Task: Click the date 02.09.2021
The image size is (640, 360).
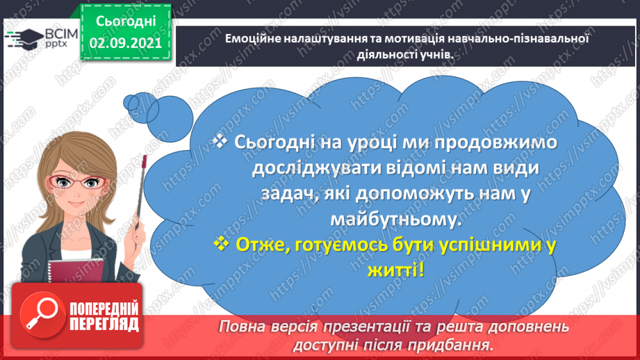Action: click(125, 43)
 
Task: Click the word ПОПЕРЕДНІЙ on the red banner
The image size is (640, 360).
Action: click(104, 309)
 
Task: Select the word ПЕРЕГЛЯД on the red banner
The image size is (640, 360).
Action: click(104, 324)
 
